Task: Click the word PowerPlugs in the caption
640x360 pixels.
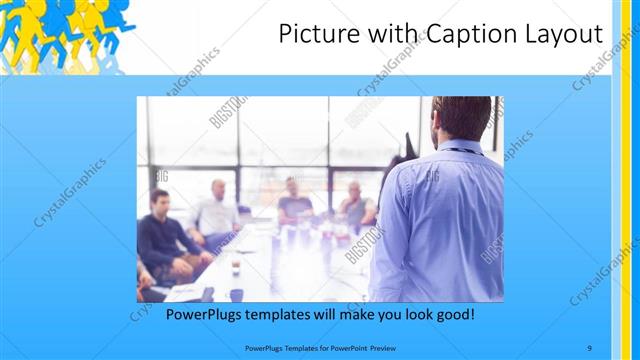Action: (206, 314)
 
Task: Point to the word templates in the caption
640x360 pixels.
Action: (289, 314)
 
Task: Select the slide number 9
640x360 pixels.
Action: (590, 348)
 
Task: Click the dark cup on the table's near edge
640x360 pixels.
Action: (236, 294)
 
